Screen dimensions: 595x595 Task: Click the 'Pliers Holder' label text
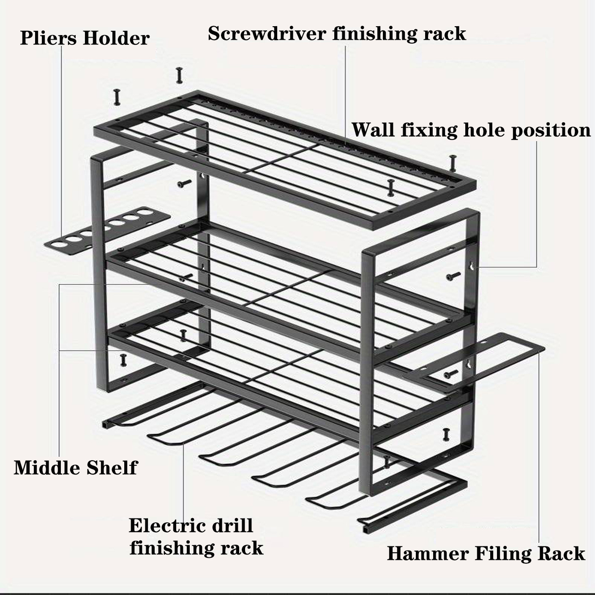tap(85, 38)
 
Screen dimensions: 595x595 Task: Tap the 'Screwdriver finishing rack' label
tap(337, 34)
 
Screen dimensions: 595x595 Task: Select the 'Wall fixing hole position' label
tap(471, 130)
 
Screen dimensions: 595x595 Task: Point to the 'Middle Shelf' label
tap(76, 468)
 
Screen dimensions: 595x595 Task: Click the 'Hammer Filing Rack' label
tap(486, 553)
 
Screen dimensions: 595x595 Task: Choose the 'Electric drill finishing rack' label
tap(196, 537)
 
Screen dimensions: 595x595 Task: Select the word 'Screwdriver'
tap(267, 34)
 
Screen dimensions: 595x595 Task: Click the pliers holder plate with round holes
tap(108, 230)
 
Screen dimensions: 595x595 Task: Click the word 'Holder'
tap(116, 38)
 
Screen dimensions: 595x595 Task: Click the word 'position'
tap(551, 131)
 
